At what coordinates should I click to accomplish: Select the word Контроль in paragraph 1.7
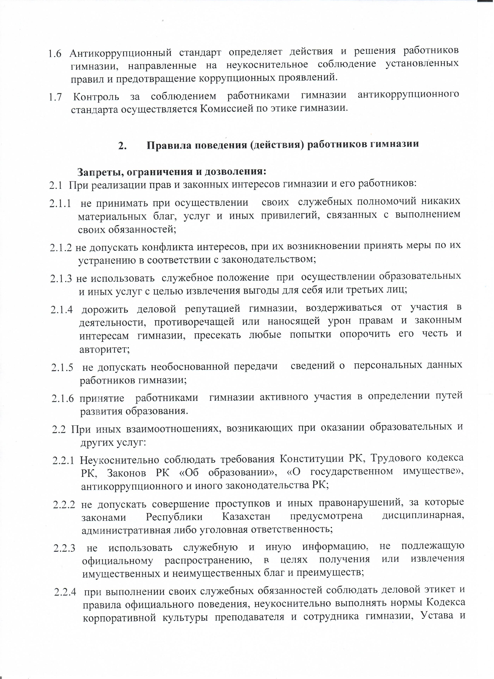tap(96, 97)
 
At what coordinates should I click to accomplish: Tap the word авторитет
tap(104, 350)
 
